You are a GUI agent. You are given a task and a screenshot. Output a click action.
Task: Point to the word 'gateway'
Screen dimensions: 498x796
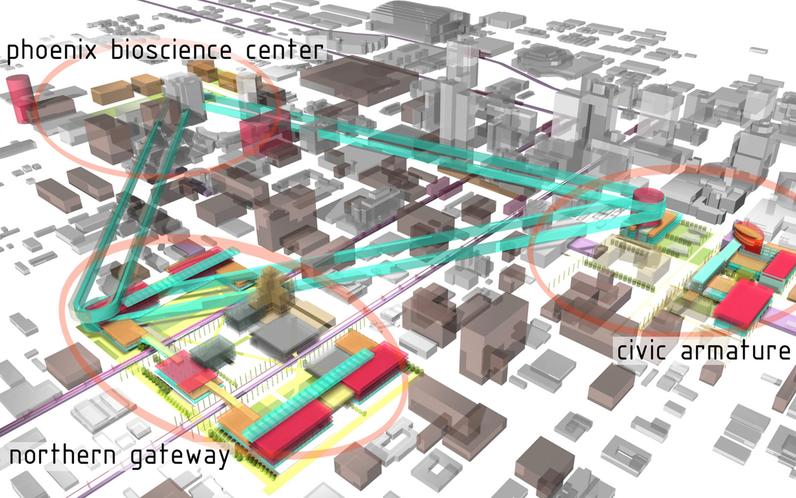180,457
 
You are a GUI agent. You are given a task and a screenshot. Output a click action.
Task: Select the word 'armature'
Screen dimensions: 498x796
735,351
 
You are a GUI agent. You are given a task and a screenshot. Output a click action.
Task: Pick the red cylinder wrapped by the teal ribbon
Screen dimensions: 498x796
648,200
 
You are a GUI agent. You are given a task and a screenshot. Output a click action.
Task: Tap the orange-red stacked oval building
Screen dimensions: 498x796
748,235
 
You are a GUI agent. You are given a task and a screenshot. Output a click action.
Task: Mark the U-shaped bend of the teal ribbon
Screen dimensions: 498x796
86,310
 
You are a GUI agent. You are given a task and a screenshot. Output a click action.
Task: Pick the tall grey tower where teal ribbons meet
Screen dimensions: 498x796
183,93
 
